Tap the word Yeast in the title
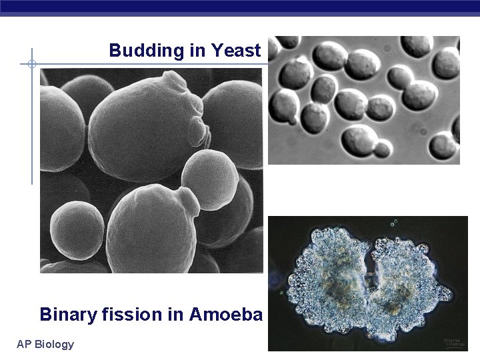point(236,51)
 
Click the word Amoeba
point(226,314)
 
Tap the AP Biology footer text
point(45,344)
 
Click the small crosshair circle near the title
point(31,65)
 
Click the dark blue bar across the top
point(240,7)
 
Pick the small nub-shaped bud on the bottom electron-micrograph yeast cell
point(189,201)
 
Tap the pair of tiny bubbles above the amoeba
point(394,223)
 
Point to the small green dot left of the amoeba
point(282,292)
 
